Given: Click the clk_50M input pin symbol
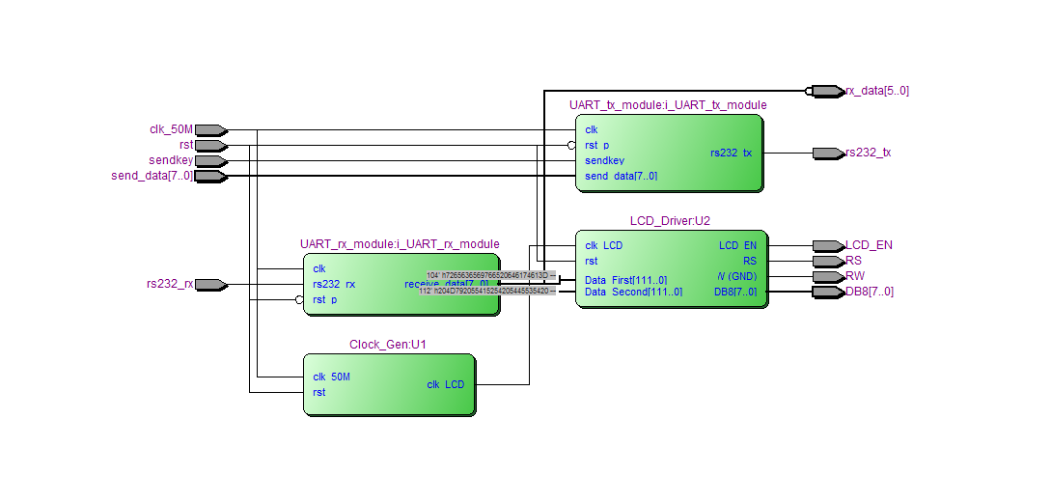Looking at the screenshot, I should click(x=210, y=129).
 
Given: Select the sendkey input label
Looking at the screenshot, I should click(x=171, y=160).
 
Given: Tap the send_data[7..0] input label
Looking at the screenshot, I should click(x=152, y=176).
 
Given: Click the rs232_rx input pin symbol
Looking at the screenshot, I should click(x=210, y=284).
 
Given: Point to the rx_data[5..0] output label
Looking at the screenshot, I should click(x=877, y=91).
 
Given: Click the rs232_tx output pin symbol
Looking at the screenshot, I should click(x=826, y=153).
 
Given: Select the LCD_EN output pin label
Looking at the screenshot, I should click(x=869, y=245).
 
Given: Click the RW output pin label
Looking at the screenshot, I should click(x=855, y=276).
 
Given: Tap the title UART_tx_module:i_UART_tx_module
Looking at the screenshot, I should click(x=668, y=105).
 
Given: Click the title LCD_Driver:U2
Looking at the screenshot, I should click(x=671, y=221).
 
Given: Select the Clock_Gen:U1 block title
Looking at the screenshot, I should click(x=388, y=345).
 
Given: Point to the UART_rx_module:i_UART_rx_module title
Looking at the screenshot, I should click(x=400, y=244).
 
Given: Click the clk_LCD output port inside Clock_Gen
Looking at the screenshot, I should click(x=445, y=384).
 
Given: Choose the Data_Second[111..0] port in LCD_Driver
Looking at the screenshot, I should click(x=633, y=292).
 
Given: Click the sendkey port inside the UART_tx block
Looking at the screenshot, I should click(x=604, y=160).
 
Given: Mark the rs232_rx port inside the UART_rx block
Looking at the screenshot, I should click(x=334, y=284).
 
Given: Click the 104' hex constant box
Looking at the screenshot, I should click(x=488, y=275).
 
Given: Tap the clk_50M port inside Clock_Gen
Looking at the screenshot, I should click(x=331, y=377).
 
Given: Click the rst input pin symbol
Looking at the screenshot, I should click(x=210, y=145).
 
